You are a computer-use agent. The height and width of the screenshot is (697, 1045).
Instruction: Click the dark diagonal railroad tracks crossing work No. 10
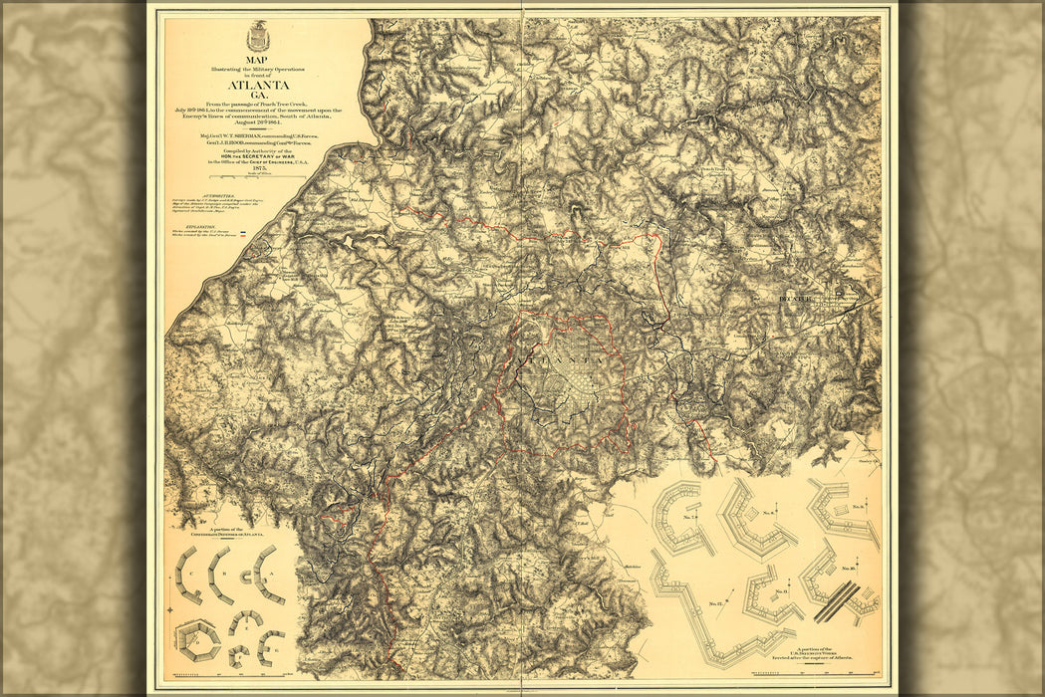[839, 600]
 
